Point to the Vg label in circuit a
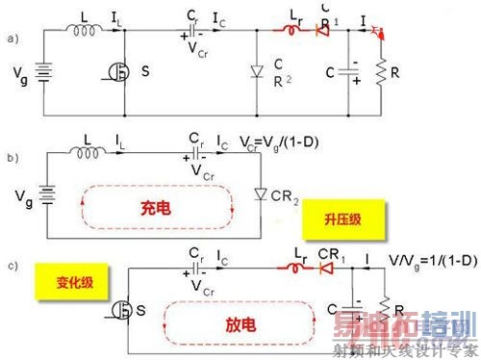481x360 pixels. [15, 73]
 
